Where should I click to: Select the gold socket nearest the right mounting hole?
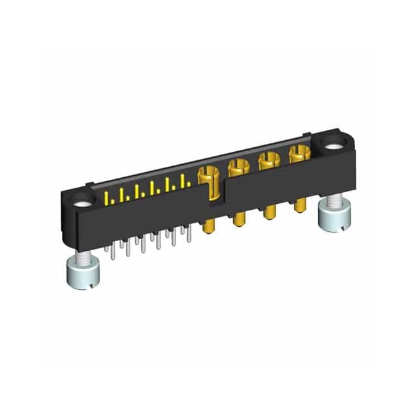pyautogui.click(x=298, y=155)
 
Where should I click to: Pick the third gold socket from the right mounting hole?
pyautogui.click(x=237, y=168)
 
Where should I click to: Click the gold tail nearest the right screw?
pyautogui.click(x=300, y=204)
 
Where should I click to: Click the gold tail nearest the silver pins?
pyautogui.click(x=209, y=225)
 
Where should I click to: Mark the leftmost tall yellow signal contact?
pyautogui.click(x=107, y=197)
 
